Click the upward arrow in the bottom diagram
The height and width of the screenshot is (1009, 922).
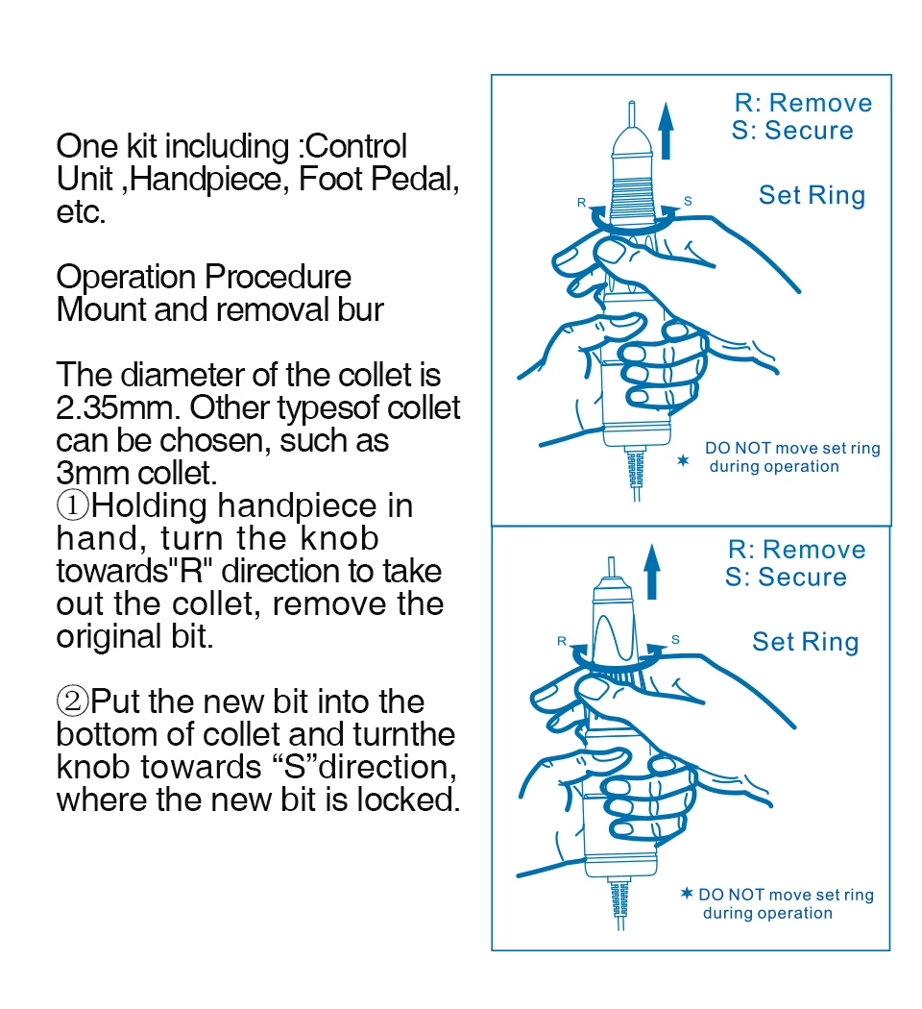point(652,571)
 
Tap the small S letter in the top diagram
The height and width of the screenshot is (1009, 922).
point(688,201)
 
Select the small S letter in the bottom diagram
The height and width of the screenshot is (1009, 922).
point(675,639)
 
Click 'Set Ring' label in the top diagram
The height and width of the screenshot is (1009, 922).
point(812,195)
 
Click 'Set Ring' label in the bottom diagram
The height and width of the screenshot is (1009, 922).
point(805,642)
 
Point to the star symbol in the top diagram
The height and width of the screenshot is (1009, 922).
point(684,462)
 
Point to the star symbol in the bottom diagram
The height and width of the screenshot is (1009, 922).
point(686,894)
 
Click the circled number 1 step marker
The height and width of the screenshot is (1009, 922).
point(73,505)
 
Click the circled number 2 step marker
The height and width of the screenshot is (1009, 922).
point(73,701)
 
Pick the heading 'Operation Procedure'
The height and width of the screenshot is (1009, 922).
point(204,278)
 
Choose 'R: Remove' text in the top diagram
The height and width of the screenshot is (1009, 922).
point(803,103)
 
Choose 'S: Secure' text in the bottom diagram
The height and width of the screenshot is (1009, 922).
point(786,577)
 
